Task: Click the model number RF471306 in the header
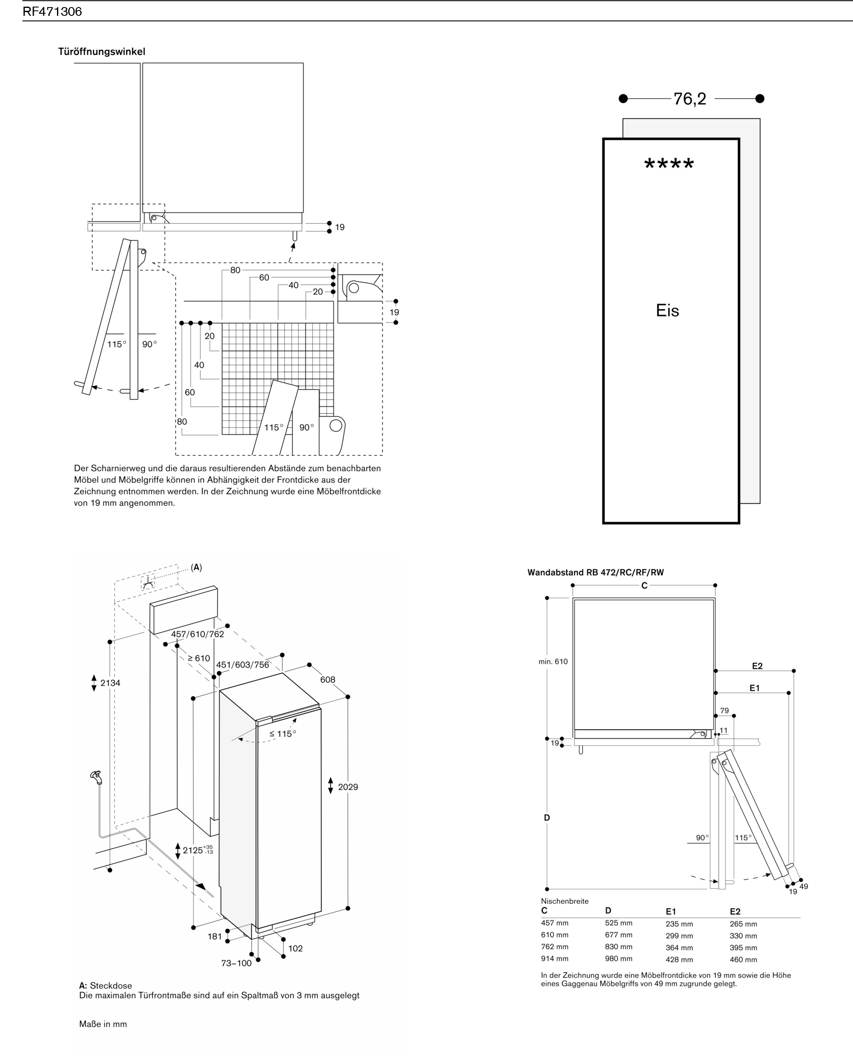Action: tap(52, 11)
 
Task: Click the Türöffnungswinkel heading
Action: tap(102, 52)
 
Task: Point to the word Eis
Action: tap(667, 310)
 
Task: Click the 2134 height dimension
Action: tap(110, 683)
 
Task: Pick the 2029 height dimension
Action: tap(348, 787)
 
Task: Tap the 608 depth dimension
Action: tap(328, 680)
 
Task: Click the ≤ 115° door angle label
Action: tap(283, 734)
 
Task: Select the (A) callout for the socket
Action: tap(196, 567)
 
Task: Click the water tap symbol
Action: tap(96, 776)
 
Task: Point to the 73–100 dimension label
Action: tap(236, 963)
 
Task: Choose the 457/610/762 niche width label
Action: tap(198, 634)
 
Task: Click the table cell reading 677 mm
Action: tap(619, 935)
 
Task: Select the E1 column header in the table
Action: tap(671, 912)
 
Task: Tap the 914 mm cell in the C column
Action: tap(555, 959)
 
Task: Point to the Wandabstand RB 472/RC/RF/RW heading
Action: tap(595, 572)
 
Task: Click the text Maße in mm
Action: tap(103, 1024)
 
